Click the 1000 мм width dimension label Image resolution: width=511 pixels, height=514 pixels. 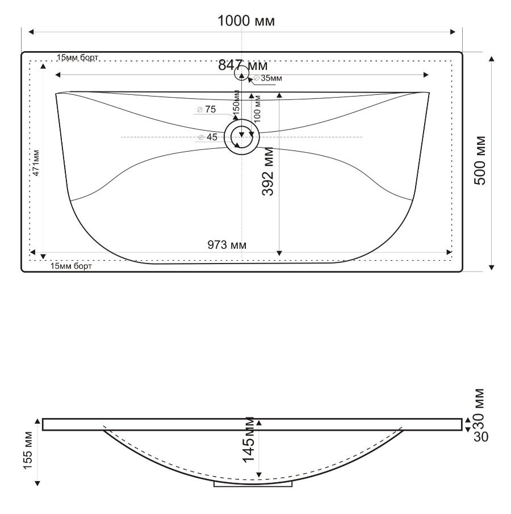coord(246,21)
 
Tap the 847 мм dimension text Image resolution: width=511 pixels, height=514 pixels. coord(243,65)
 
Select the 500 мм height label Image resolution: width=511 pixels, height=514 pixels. coord(480,160)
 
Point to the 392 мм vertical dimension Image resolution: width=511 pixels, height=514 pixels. coord(268,172)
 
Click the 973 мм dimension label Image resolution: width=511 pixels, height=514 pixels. coord(227,245)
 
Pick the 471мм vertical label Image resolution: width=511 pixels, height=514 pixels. coord(36,163)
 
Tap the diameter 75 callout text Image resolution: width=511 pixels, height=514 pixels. coord(207,109)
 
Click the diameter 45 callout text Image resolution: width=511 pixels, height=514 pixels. coord(208,137)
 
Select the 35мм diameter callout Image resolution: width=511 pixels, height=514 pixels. coord(268,78)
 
